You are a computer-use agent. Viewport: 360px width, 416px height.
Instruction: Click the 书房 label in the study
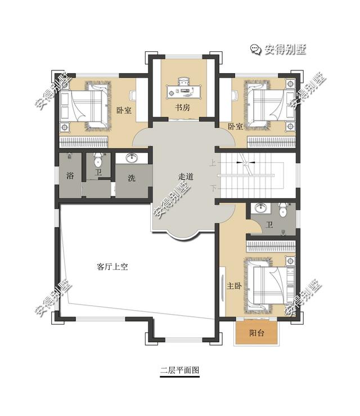182,107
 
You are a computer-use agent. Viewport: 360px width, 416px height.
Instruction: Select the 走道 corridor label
186,177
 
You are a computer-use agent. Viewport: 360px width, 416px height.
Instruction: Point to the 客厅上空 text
112,267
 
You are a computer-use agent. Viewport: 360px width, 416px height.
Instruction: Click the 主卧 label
235,285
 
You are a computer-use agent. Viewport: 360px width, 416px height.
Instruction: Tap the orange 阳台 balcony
257,333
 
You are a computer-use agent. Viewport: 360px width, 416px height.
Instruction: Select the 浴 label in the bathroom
70,176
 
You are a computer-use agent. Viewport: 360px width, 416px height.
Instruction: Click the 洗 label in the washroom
132,178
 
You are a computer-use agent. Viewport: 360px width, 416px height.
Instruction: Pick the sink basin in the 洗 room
133,158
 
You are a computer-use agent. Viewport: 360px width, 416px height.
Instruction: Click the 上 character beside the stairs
212,164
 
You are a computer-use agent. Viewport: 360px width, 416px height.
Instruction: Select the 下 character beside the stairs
213,187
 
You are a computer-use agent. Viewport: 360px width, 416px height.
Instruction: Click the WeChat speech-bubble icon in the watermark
255,50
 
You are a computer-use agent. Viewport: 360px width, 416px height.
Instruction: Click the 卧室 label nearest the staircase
236,126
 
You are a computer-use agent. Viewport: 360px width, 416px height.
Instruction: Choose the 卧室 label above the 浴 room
124,110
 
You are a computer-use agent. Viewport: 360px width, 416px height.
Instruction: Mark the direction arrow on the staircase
242,162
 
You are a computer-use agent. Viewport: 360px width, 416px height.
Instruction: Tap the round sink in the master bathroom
260,209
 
